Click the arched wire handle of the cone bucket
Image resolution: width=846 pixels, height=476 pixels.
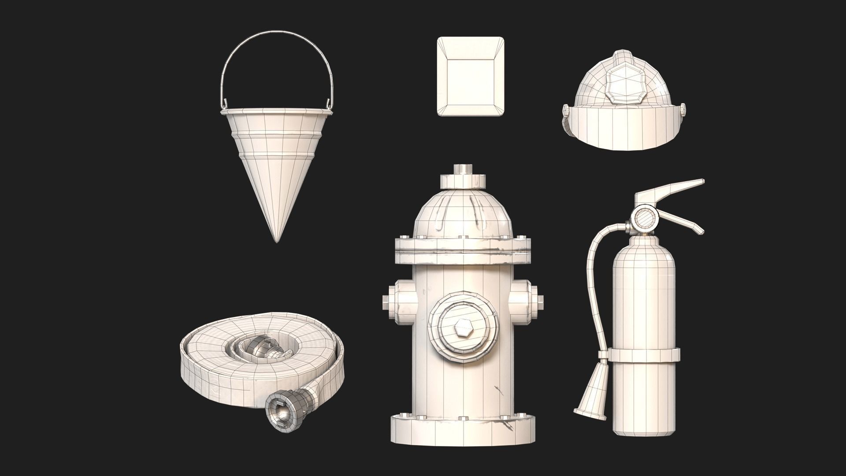coord(275,33)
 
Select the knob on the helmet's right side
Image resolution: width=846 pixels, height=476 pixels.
coord(683,111)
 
